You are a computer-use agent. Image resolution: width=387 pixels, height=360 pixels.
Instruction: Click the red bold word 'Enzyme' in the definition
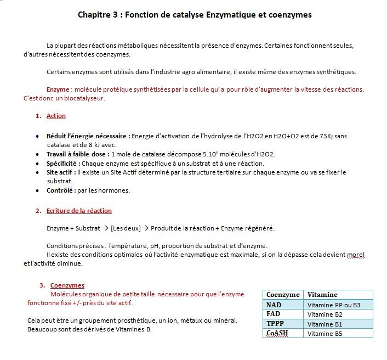point(58,89)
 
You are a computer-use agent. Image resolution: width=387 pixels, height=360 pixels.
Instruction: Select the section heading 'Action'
point(56,116)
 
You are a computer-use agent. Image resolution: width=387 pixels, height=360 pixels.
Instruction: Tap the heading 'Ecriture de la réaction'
point(79,211)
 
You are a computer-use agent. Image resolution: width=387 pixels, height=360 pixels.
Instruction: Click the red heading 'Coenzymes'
point(67,285)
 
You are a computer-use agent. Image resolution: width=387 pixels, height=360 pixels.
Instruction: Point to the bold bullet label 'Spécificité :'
point(63,164)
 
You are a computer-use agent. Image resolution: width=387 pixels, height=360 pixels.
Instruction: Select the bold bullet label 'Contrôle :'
point(61,190)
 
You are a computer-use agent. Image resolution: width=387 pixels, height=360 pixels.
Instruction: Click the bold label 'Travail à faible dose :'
point(78,154)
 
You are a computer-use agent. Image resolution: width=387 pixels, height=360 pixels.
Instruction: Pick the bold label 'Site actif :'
point(61,172)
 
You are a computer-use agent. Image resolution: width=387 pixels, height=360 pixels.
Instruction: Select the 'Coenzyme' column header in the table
point(283,295)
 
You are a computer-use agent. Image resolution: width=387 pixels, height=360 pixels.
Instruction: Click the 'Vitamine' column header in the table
point(322,295)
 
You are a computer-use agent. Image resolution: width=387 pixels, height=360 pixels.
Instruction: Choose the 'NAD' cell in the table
point(274,305)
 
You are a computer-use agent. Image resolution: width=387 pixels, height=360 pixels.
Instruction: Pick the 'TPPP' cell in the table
point(275,324)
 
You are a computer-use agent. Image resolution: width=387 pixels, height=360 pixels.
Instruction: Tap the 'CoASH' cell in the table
point(277,333)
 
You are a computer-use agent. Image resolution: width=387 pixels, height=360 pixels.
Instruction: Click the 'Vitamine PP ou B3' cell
point(334,305)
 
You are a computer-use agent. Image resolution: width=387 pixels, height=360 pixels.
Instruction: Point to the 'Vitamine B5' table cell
point(325,334)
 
